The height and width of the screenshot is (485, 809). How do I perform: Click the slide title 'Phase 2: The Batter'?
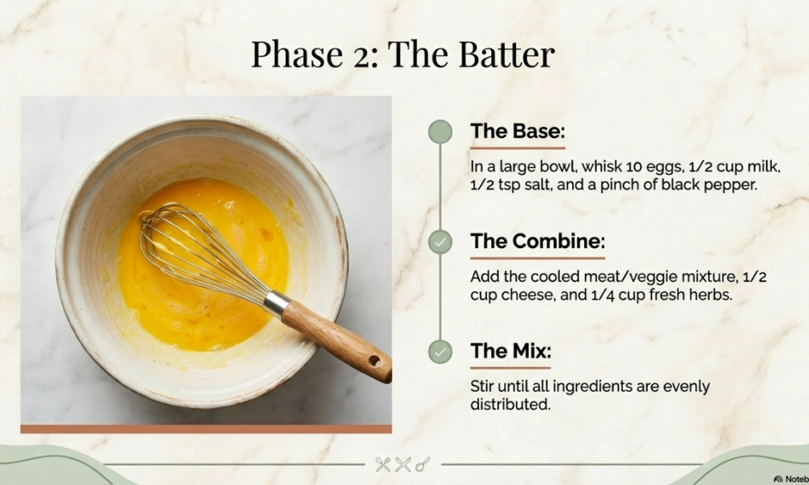pyautogui.click(x=402, y=54)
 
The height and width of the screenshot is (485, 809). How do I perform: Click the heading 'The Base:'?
pyautogui.click(x=518, y=131)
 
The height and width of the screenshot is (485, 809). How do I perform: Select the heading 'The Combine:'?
pyautogui.click(x=537, y=241)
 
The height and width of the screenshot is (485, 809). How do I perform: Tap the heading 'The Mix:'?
pyautogui.click(x=510, y=351)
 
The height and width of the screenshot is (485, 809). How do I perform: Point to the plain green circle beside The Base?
pyautogui.click(x=440, y=132)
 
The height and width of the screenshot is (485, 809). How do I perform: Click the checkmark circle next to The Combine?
pyautogui.click(x=440, y=242)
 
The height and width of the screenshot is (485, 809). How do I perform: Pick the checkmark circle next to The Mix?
pyautogui.click(x=440, y=352)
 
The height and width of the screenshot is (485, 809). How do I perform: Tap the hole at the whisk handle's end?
pyautogui.click(x=375, y=361)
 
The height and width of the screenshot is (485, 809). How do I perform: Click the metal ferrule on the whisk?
pyautogui.click(x=277, y=303)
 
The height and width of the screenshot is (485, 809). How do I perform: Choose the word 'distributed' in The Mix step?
pyautogui.click(x=510, y=405)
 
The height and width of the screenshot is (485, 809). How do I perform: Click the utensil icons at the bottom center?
pyautogui.click(x=403, y=464)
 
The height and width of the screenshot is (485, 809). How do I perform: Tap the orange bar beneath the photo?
pyautogui.click(x=205, y=428)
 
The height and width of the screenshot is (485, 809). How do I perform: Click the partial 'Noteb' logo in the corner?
pyautogui.click(x=791, y=479)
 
